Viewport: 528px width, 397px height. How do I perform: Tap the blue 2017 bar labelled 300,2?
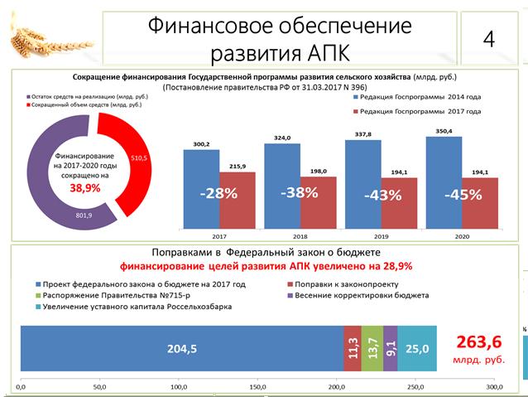[201, 191]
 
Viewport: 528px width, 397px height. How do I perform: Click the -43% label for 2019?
[383, 196]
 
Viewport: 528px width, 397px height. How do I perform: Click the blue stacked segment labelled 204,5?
[181, 349]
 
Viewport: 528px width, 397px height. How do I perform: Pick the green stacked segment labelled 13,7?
[372, 349]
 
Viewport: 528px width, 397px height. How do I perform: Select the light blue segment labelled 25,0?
[418, 349]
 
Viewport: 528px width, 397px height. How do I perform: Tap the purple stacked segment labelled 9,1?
[391, 349]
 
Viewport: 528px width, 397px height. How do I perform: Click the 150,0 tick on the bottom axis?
[258, 386]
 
